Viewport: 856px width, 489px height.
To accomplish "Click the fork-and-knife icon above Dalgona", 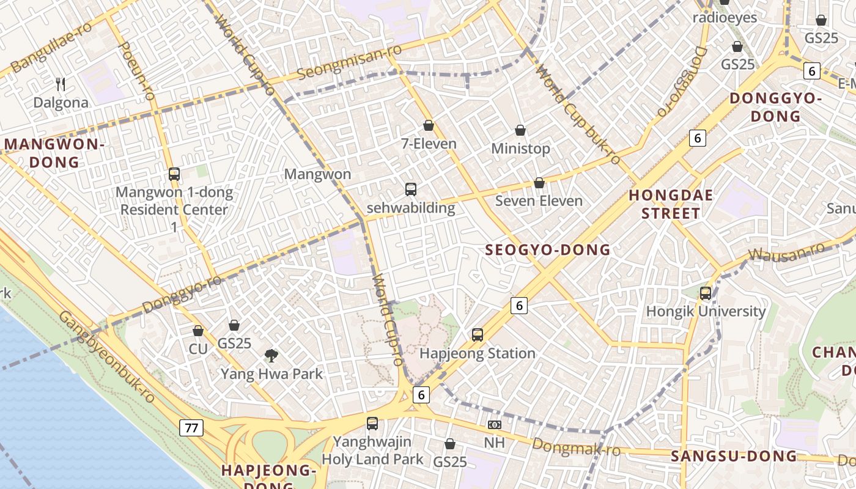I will point(60,84).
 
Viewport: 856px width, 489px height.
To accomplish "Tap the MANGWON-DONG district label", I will point(54,153).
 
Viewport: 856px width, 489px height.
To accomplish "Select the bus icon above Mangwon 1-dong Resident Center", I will point(174,174).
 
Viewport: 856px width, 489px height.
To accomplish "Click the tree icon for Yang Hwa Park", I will point(271,355).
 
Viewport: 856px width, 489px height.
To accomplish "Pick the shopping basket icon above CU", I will point(198,331).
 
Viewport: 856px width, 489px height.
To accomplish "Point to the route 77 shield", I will point(191,427).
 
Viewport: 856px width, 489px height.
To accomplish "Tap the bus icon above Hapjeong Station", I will point(478,335).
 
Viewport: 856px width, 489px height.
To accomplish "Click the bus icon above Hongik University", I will point(706,293).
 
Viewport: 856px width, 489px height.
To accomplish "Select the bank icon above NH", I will point(494,425).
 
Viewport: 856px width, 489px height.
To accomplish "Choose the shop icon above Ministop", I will point(520,130).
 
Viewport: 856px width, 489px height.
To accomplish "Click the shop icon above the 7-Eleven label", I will point(429,125).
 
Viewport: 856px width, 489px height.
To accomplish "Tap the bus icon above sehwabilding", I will point(411,189).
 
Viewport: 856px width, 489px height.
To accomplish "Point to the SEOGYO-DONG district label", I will point(547,249).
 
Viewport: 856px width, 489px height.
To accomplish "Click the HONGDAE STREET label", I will point(671,204).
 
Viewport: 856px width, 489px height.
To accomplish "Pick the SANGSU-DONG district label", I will point(734,456).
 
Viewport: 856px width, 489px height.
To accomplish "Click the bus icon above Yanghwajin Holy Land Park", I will point(372,423).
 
